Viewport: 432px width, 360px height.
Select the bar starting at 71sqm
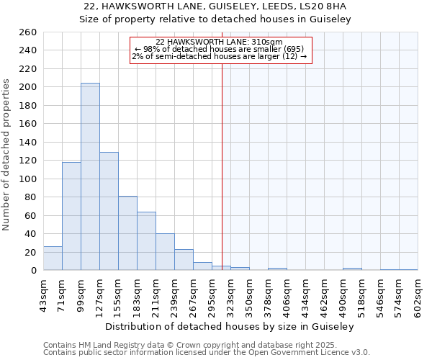71,216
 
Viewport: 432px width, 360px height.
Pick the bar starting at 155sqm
127,233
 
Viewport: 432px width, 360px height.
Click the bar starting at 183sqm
146,241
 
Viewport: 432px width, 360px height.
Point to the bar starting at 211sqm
165,252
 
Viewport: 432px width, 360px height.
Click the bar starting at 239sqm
184,260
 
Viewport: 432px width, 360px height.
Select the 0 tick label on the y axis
33,271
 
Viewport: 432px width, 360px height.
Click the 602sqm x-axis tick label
418,294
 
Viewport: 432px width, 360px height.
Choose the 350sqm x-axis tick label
249,294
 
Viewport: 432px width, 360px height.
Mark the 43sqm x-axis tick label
43,294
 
